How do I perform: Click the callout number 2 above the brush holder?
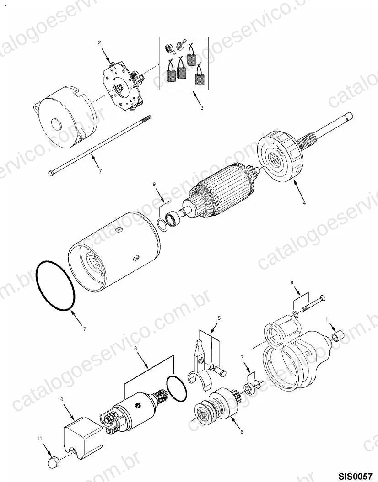99,43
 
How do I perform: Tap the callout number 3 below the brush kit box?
202,108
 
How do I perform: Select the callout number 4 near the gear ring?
304,203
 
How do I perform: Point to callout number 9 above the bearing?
154,184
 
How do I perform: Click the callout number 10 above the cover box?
61,399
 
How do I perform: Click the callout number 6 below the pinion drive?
242,432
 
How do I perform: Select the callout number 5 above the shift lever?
219,318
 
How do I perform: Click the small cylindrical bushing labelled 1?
338,336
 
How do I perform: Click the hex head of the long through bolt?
51,173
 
